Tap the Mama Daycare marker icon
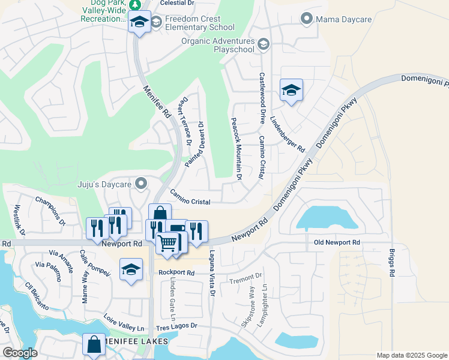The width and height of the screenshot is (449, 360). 307,19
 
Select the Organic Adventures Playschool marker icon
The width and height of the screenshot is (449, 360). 263,44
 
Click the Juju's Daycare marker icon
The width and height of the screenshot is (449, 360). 141,183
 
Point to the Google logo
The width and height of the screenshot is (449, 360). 19,353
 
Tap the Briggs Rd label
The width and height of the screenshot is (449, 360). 392,262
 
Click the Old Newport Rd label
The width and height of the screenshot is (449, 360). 337,242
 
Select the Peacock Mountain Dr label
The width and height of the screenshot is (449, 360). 236,149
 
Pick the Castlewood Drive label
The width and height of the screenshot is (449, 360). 262,98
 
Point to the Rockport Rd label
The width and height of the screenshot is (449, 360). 177,272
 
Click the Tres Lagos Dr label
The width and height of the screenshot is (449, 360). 176,326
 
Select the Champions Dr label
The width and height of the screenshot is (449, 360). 50,211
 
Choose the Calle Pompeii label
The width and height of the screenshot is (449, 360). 95,262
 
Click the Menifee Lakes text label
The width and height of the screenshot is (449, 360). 132,342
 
